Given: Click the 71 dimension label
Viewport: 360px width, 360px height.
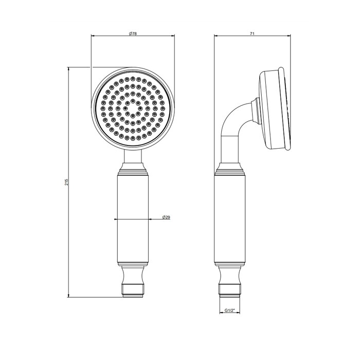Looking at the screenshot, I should [253, 33].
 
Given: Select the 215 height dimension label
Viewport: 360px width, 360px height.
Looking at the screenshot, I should [66, 182].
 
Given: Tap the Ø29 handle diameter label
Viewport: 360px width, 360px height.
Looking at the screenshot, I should [166, 218].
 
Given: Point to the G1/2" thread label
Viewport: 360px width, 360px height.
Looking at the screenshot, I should [230, 310].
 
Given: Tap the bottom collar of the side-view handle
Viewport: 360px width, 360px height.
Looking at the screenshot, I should [230, 270].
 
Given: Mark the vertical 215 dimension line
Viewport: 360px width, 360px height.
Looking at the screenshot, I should [69, 231].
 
